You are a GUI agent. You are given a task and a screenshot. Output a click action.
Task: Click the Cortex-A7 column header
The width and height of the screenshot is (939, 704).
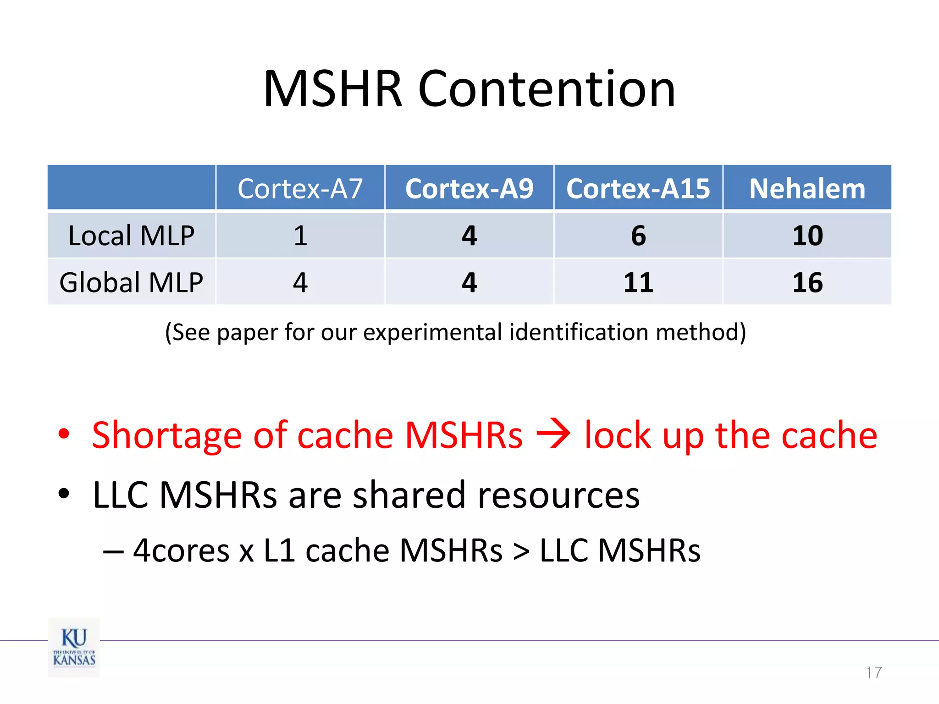300,188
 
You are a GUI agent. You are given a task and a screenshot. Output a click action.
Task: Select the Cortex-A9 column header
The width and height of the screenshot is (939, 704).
469,188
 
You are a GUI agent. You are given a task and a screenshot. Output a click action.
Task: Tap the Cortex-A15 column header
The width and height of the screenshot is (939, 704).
638,188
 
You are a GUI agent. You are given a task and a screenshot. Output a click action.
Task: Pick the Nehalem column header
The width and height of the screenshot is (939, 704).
807,188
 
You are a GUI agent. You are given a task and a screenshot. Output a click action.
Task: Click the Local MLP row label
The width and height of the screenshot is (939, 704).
132,236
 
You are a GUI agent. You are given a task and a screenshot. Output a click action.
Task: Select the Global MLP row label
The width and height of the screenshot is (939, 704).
132,282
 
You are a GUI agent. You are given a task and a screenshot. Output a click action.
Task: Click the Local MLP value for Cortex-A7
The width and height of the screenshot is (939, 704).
300,236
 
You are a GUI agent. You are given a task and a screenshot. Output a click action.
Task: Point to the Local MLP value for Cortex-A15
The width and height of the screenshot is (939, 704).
638,236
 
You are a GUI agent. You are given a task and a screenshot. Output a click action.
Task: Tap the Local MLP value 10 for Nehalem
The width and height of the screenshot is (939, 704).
807,236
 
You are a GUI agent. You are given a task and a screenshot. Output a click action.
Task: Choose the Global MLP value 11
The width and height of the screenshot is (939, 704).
638,282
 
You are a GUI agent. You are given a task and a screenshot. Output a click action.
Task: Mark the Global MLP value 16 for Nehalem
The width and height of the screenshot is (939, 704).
807,282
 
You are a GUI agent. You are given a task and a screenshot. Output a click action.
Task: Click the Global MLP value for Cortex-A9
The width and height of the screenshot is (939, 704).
469,282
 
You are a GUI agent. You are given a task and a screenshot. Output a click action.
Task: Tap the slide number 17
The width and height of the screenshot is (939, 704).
873,672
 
